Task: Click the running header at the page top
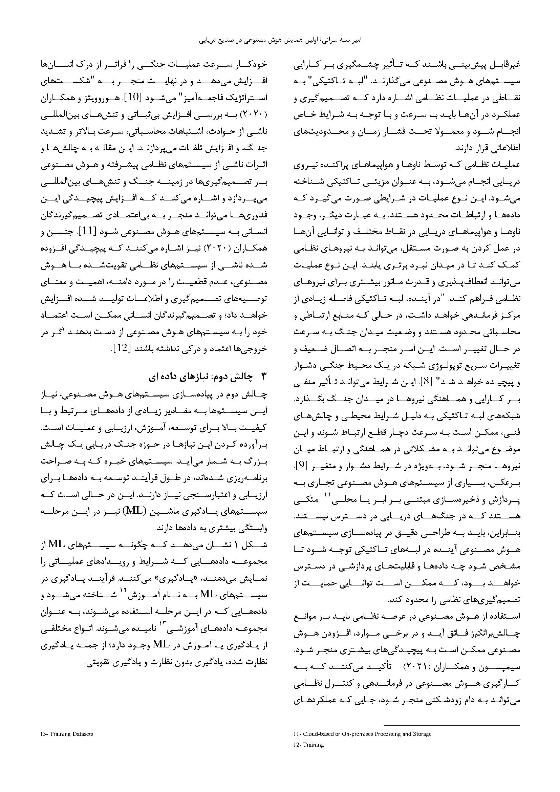point(280,40)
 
